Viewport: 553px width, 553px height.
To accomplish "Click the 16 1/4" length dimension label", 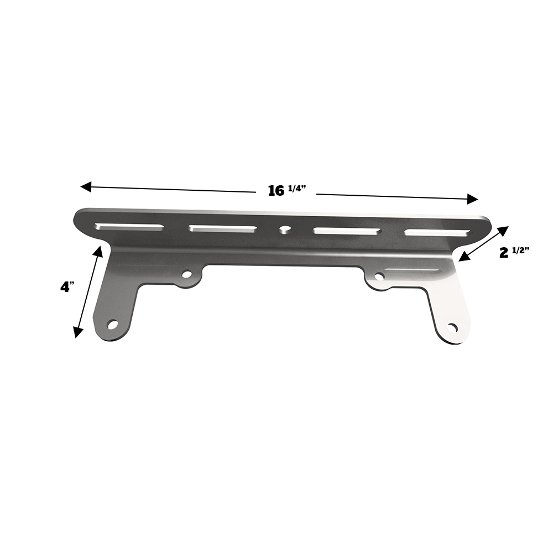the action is pos(286,191).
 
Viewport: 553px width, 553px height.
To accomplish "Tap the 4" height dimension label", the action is pos(68,287).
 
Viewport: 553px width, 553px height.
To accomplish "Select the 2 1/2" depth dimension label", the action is pos(514,252).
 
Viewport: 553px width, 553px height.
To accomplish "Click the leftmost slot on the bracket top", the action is pos(129,227).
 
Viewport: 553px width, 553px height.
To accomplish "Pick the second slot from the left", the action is pos(223,228).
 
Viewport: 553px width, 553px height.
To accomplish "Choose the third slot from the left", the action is pos(347,231).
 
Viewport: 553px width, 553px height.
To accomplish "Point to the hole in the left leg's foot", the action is pos(113,325).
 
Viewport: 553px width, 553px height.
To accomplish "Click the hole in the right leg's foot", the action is pos(452,327).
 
